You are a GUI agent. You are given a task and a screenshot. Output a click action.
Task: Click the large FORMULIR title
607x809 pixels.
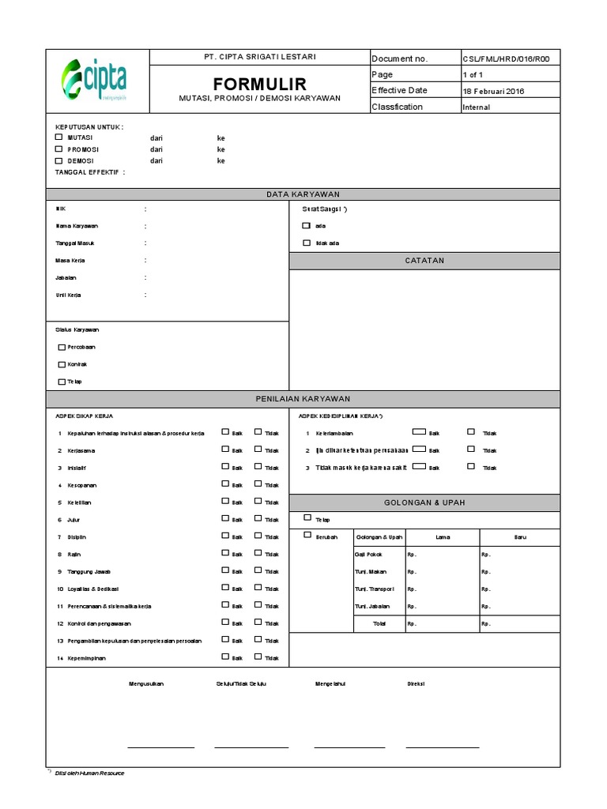pos(259,84)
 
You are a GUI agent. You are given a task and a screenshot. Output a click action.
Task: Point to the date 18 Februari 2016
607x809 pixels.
pos(493,91)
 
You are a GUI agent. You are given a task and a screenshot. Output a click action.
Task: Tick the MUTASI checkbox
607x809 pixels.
pos(58,137)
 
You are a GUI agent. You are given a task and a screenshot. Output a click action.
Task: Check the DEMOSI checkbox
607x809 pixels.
pos(58,160)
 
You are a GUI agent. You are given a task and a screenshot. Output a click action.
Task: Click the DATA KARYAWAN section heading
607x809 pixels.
pos(303,194)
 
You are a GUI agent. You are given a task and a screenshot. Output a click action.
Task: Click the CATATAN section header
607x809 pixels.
pos(424,260)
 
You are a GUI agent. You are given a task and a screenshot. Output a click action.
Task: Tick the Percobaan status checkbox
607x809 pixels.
pos(62,347)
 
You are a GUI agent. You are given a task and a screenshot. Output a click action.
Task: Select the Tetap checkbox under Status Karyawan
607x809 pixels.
pos(62,382)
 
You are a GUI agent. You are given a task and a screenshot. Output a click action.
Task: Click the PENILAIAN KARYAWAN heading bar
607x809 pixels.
pos(303,399)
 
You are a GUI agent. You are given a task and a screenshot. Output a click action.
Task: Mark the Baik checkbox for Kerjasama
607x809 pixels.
pos(225,449)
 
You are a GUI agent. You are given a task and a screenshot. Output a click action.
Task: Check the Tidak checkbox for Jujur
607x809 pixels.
pos(258,518)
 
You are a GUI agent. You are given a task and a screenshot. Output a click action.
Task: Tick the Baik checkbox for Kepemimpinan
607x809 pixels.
pos(225,657)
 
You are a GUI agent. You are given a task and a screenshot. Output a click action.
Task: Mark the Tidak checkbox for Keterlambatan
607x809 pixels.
pos(471,431)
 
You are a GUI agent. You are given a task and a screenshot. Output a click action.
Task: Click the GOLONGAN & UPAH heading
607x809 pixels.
pos(424,502)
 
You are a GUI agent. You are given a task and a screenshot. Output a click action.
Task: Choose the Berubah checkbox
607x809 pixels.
pos(307,535)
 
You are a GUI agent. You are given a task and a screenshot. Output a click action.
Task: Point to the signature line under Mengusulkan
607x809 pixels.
pos(160,747)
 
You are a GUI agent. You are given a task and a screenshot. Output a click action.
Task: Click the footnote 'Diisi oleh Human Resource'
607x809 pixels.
pos(89,773)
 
